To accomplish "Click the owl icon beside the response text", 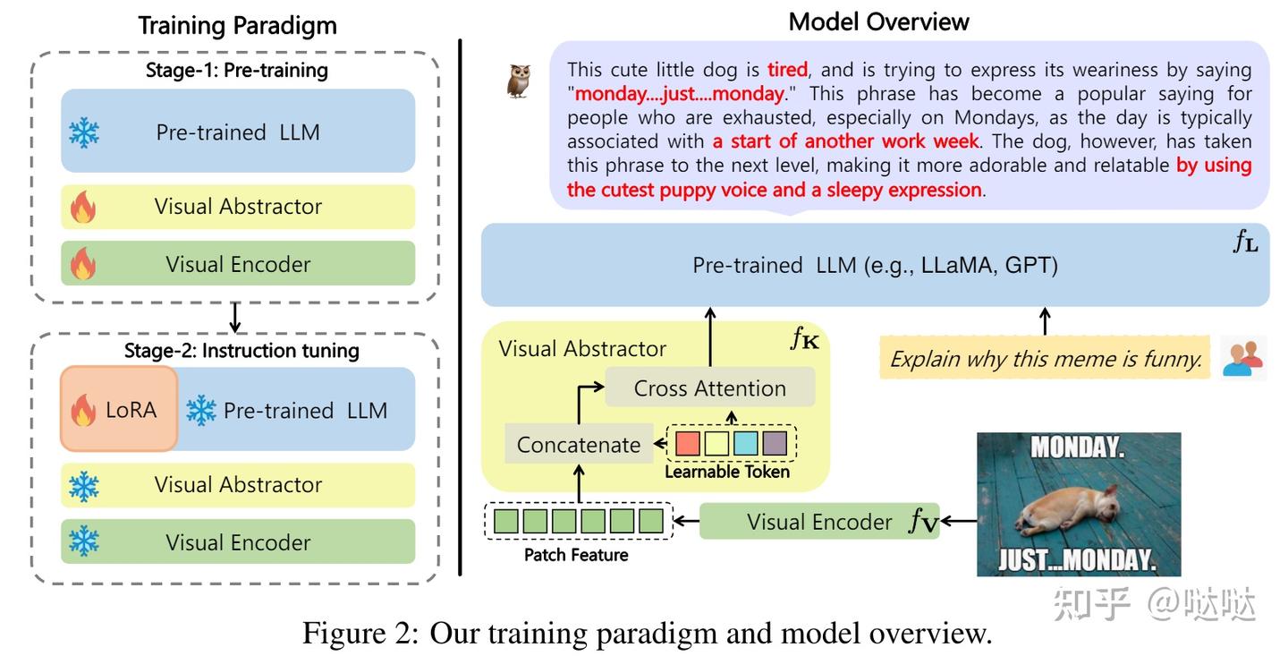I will click(x=519, y=81).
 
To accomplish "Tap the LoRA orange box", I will click(x=119, y=410).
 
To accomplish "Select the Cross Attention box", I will click(x=709, y=388).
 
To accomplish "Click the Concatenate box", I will click(x=578, y=445).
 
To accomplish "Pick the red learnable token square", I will click(x=687, y=443).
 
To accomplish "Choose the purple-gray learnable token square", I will click(x=774, y=443).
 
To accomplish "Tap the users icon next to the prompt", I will click(x=1242, y=358).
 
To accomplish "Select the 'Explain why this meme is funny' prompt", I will click(x=1046, y=359).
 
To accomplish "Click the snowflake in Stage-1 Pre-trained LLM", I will click(x=84, y=132).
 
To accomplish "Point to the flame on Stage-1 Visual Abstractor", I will click(x=83, y=207).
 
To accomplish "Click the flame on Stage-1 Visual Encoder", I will click(x=83, y=264).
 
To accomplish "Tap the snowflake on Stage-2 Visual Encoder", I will click(x=84, y=541).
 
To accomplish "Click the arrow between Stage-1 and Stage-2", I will click(x=235, y=317).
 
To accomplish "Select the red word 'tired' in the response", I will click(x=787, y=70).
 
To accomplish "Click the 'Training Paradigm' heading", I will click(x=237, y=25).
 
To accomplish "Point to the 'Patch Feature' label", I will click(x=576, y=555).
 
